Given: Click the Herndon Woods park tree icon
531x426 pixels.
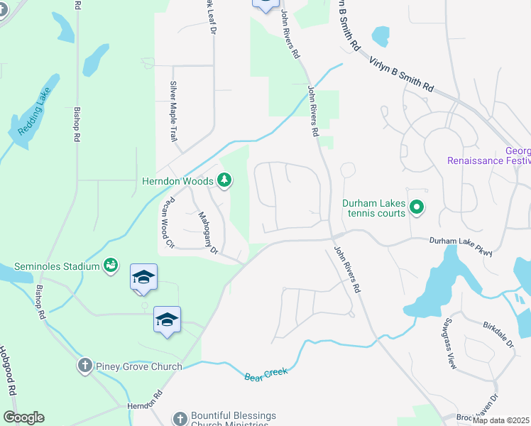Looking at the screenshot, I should [224, 180].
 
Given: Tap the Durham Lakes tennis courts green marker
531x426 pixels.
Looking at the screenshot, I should [417, 208].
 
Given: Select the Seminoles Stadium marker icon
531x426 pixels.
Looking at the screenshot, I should [110, 266].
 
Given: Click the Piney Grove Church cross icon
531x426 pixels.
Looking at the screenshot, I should [84, 366].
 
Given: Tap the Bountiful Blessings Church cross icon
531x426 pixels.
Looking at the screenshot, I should [180, 418].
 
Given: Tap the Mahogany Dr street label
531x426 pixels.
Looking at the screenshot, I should [208, 232].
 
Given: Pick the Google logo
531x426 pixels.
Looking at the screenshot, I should [23, 417].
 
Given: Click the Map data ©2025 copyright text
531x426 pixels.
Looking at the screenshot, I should [501, 420].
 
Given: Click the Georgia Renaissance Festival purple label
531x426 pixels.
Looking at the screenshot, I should [489, 155].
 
